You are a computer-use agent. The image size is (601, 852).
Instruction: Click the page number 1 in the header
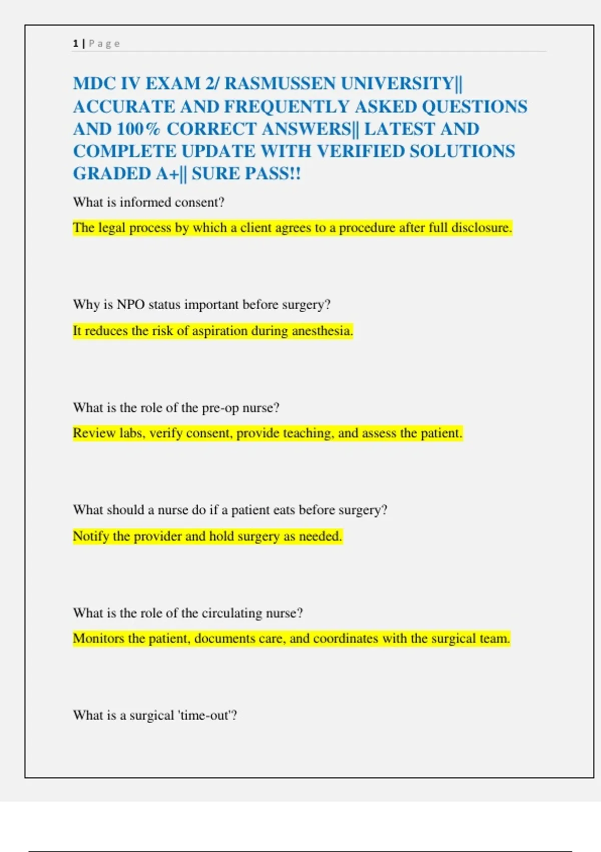(75, 44)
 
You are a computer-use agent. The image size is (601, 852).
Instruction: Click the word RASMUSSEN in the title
(279, 83)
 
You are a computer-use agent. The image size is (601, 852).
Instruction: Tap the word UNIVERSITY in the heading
(397, 83)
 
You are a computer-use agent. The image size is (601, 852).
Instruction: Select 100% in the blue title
(138, 129)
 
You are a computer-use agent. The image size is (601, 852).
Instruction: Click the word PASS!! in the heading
(271, 174)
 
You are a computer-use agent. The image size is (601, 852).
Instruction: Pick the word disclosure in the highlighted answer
(481, 228)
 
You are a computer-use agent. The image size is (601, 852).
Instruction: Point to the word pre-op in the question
(220, 408)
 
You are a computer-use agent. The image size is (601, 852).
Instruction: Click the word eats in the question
(284, 510)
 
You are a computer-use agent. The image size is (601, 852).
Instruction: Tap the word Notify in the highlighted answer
(91, 536)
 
